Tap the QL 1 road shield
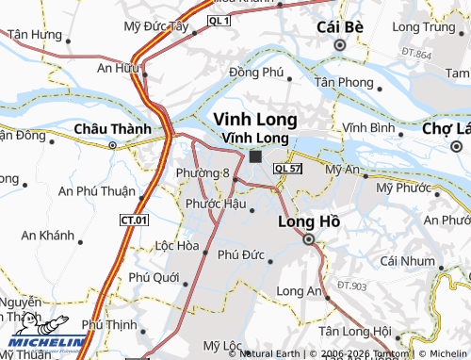tap(219, 20)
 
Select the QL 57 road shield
tap(286, 168)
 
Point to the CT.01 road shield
tap(135, 220)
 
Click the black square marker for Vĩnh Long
tap(255, 156)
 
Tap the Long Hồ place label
tap(308, 222)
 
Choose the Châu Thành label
tap(112, 129)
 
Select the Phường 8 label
tap(203, 173)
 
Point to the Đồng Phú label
tap(255, 72)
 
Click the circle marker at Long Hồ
tap(308, 240)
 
